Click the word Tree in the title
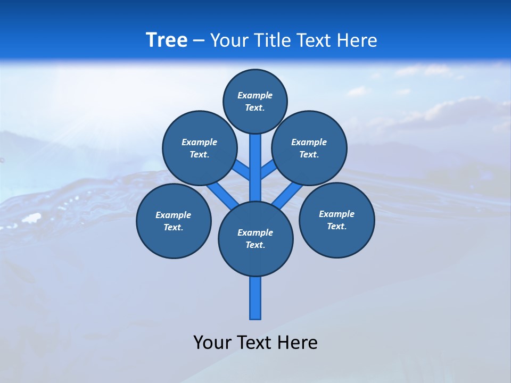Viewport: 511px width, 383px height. pos(167,40)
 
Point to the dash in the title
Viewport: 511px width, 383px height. pos(199,41)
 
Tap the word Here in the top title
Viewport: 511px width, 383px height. pos(357,40)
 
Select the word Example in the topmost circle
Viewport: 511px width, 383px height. pos(255,95)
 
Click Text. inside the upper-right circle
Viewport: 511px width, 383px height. pos(309,155)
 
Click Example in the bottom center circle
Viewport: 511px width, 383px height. pos(255,232)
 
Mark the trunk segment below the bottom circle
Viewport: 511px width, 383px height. pos(256,298)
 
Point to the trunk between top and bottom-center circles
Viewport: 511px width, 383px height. pos(256,168)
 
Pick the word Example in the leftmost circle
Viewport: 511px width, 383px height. pos(174,215)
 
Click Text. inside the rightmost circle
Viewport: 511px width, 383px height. pos(336,226)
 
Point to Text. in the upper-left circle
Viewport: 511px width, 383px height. pos(200,155)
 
